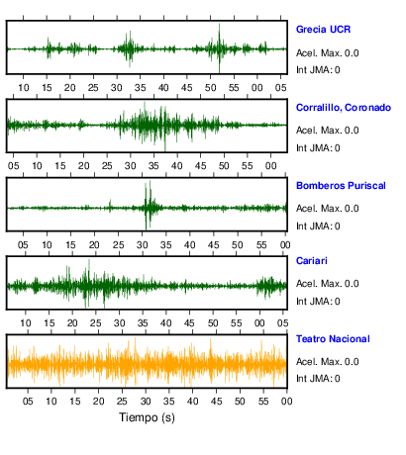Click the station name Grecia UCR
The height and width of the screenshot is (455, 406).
pos(323,30)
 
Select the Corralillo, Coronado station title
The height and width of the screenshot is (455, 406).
pos(344,108)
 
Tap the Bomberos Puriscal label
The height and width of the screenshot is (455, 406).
pos(341,186)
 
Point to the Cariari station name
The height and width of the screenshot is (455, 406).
pos(312,261)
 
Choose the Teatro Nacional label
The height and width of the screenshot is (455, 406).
pos(333,339)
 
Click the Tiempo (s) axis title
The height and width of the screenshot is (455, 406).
pos(147,417)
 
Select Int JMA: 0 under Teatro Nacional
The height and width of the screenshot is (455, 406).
pos(318,378)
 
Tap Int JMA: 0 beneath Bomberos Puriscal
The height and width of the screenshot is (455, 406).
pos(318,227)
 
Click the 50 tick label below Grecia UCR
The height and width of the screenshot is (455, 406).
pos(210,88)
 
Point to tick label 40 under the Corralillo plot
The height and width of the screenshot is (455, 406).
pos(177,165)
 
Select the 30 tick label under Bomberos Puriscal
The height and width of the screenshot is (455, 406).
pos(142,245)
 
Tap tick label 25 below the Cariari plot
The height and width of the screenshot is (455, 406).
pos(96,323)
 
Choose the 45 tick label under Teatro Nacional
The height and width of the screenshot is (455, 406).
pos(216,402)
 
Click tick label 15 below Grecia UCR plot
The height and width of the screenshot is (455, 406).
pos(47,88)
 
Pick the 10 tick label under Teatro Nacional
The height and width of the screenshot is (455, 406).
pos(51,402)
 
